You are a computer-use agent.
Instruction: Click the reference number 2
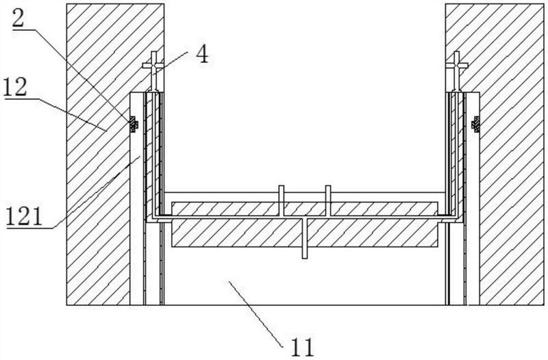tap(18, 19)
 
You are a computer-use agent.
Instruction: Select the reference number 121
tap(25, 217)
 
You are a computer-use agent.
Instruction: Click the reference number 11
tap(303, 347)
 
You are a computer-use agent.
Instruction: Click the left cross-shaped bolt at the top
tap(153, 71)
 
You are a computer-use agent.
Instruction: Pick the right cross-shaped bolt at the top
tap(457, 71)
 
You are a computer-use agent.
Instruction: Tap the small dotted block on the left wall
tap(133, 125)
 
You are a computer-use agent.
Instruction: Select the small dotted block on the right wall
tap(475, 125)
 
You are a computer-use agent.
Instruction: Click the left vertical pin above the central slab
tap(282, 201)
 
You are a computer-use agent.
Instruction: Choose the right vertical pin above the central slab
tap(328, 201)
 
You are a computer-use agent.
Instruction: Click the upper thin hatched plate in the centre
tap(305, 209)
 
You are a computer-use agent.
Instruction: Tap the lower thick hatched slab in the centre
tap(305, 233)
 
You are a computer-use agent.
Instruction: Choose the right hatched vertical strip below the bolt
tap(456, 153)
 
